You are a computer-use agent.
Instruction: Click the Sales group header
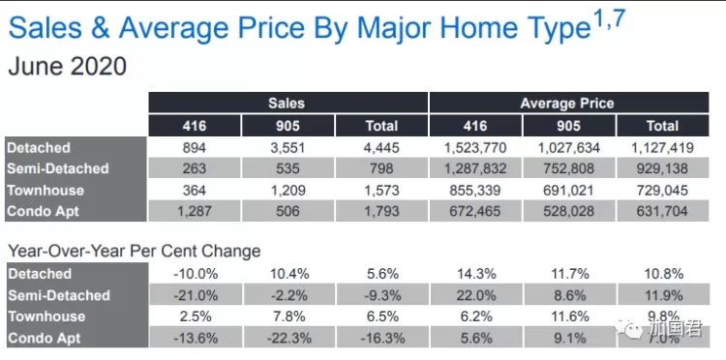[x=287, y=103]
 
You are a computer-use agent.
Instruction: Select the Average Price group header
[x=567, y=103]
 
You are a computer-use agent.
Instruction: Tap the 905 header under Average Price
[x=568, y=126]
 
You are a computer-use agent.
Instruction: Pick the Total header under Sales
[x=381, y=126]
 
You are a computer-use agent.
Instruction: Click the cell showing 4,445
[x=381, y=148]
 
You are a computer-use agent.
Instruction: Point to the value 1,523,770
[x=475, y=148]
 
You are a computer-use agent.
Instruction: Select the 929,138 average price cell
[x=662, y=168]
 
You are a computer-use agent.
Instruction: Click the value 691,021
[x=568, y=191]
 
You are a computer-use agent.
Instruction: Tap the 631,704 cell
[x=662, y=212]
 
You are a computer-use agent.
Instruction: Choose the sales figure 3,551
[x=287, y=148]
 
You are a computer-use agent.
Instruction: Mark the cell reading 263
[x=194, y=168]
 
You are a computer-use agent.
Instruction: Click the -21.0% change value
[x=196, y=295]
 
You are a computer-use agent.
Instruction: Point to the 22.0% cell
[x=476, y=295]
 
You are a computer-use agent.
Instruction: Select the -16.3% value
[x=381, y=338]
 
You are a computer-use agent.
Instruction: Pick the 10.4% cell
[x=289, y=274]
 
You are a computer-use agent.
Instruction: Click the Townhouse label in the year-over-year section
[x=46, y=316]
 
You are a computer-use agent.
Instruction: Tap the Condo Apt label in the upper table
[x=43, y=212]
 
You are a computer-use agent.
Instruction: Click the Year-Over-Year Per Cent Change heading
[x=135, y=252]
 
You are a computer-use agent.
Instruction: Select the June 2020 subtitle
[x=67, y=66]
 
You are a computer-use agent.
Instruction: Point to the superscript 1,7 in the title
[x=609, y=19]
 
